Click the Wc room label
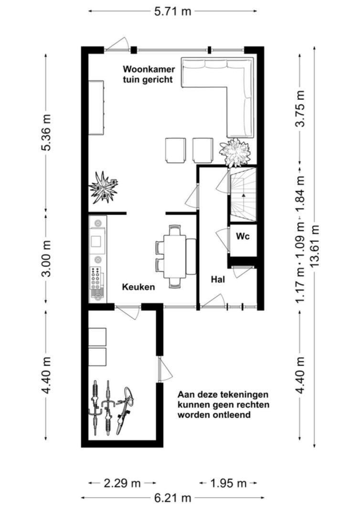coord(243,236)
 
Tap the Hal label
coord(218,279)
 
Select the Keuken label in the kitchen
coord(138,287)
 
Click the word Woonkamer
coord(149,69)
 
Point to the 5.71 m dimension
coord(172,11)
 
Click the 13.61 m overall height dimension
coord(315,246)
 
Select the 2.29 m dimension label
coord(122,483)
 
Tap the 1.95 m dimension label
coord(228,483)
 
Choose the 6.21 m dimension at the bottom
coord(172,498)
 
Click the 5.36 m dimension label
coord(46,132)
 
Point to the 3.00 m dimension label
coord(46,258)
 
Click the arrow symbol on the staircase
coord(243,195)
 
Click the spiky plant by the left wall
coord(103,188)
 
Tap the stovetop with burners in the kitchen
coord(96,278)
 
